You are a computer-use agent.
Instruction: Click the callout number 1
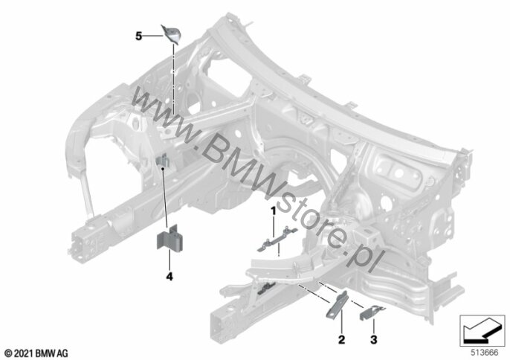click(274, 211)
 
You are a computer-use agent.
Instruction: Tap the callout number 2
click(341, 340)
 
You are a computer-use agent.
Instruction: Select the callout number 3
click(374, 340)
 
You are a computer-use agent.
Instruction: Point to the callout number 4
click(170, 277)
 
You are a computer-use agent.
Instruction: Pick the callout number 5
click(139, 36)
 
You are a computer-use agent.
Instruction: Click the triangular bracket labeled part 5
click(172, 34)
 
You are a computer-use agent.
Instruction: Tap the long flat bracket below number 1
click(277, 240)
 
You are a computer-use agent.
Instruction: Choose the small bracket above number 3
click(372, 312)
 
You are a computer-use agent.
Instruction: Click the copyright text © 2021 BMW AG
click(36, 353)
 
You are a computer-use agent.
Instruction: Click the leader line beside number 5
click(152, 36)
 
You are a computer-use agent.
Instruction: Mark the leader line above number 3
click(374, 327)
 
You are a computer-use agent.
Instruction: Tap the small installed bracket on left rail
click(163, 161)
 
